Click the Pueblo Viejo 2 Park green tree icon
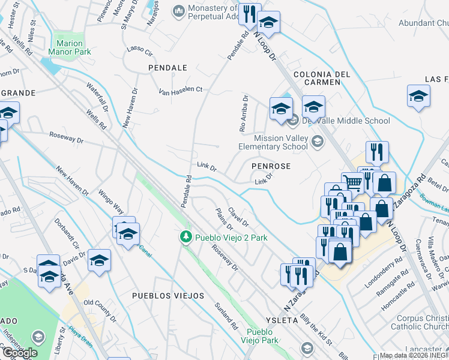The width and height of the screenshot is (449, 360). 187,238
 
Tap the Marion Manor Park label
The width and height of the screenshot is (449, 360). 73,47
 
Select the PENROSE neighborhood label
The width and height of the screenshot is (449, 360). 271,166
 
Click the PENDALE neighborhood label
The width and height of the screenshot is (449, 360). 167,68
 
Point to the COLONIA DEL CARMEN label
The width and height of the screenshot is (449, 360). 321,78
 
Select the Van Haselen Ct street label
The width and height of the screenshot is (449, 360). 181,90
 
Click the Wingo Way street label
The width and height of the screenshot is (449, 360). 111,202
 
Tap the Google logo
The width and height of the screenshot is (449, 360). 20,353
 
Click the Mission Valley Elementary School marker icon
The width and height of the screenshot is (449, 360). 317,142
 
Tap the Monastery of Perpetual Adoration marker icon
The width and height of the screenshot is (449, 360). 178,11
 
